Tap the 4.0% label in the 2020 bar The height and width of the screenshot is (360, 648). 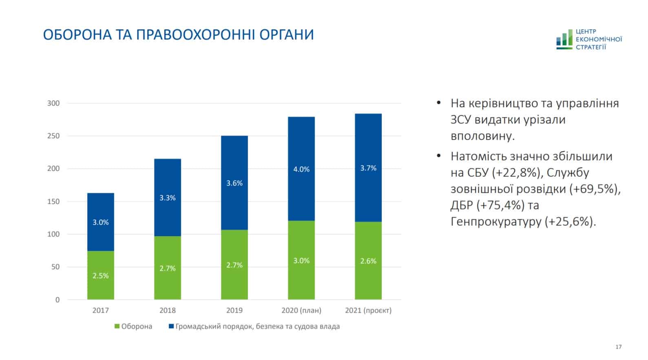301,169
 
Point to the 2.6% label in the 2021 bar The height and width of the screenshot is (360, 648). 368,261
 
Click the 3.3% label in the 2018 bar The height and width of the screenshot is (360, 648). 167,198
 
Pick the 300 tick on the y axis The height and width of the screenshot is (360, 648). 53,103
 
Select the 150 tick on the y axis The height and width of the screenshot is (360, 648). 53,201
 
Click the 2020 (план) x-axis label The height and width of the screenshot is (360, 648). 301,310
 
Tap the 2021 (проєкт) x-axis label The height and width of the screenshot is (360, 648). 368,310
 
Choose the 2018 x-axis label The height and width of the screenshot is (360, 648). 167,310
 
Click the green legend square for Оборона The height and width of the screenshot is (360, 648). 117,327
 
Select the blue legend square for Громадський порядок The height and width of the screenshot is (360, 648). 171,327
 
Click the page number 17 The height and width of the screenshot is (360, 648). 618,347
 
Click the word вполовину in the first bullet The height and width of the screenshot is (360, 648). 483,136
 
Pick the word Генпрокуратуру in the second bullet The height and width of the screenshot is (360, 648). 495,222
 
